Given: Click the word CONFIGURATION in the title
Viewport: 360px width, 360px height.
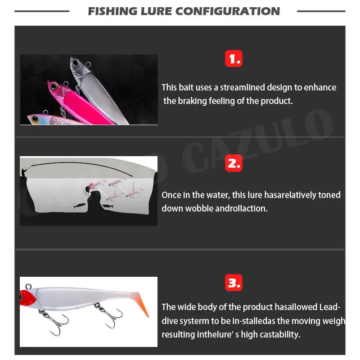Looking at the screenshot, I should point(232,11).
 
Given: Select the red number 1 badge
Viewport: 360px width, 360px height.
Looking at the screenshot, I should point(233,58).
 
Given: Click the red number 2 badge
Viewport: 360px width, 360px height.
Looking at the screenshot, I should point(233,164).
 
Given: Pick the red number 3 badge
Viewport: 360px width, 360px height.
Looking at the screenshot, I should point(233,283).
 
